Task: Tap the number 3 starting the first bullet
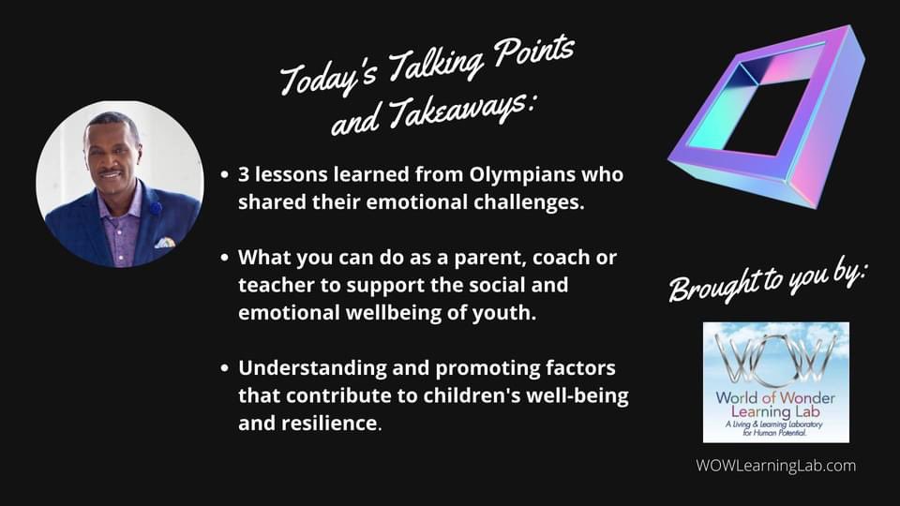(244, 175)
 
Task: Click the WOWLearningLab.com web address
(775, 465)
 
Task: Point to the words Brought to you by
(769, 275)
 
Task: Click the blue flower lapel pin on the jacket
(156, 209)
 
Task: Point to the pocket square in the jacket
(165, 243)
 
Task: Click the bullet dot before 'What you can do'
(223, 258)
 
